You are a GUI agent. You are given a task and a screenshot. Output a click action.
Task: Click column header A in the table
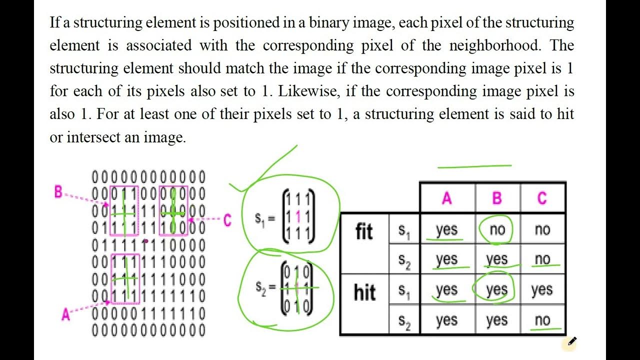tap(446, 198)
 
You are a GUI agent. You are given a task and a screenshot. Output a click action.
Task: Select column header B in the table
tap(496, 198)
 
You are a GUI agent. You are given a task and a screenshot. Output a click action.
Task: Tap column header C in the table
tap(542, 198)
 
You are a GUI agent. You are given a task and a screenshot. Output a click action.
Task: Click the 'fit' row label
tap(364, 232)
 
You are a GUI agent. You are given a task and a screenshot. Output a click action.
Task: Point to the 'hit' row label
tap(364, 292)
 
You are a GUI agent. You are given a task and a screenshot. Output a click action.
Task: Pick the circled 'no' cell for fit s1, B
tap(497, 230)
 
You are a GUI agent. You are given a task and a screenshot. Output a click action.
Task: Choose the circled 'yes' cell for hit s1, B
tap(496, 290)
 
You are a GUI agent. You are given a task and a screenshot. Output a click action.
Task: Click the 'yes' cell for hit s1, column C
tap(542, 290)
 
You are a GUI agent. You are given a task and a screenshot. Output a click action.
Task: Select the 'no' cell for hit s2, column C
tap(542, 320)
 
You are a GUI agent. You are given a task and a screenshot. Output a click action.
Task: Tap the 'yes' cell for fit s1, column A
tap(446, 230)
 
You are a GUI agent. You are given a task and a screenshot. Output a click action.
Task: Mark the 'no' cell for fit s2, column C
tap(542, 259)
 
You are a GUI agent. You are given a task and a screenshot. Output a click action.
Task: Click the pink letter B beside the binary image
tap(59, 191)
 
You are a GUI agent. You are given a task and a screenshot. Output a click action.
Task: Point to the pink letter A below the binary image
tap(65, 314)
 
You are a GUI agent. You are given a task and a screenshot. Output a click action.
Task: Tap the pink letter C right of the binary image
tap(227, 220)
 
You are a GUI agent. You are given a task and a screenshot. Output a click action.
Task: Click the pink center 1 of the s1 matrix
tap(298, 216)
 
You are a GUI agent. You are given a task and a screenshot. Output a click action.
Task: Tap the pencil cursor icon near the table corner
tap(571, 342)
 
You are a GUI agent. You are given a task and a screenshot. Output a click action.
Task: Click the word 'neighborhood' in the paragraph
tap(495, 45)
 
